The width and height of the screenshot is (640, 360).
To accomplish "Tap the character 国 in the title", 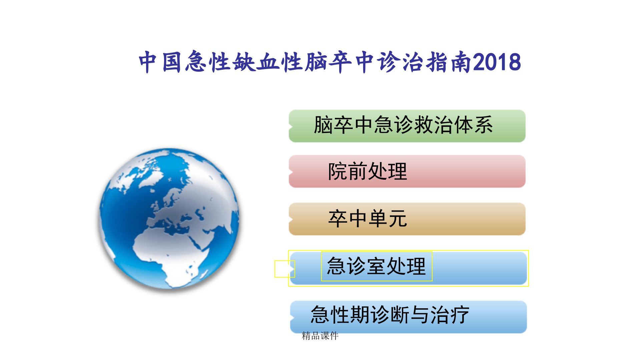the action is (172, 62).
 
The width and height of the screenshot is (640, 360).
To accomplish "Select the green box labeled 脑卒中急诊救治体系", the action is (407, 126).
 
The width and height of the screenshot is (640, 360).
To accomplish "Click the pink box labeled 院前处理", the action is (407, 171).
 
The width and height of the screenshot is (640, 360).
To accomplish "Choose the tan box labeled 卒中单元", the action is (407, 219).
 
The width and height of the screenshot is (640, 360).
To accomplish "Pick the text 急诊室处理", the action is (376, 266).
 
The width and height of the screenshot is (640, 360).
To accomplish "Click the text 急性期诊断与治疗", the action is (390, 315).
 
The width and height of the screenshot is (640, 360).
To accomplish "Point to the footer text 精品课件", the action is (320, 336).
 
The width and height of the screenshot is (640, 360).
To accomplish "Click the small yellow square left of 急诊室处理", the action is (284, 269).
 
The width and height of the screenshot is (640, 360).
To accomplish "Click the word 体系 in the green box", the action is (473, 125).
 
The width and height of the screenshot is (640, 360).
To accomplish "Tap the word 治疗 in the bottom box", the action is (450, 315).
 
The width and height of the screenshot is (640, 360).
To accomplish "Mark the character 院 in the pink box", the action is (338, 171).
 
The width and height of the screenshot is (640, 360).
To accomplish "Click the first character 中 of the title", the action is (148, 62).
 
